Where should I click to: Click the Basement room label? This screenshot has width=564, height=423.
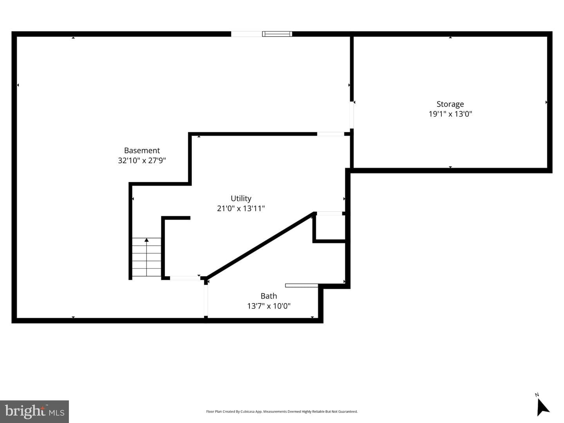pyautogui.click(x=142, y=150)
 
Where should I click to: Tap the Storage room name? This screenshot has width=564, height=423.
pyautogui.click(x=450, y=104)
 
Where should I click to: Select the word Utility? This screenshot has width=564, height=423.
pyautogui.click(x=241, y=198)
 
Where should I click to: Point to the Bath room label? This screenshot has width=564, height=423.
pyautogui.click(x=269, y=296)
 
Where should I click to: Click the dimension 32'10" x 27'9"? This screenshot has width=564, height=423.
pyautogui.click(x=142, y=160)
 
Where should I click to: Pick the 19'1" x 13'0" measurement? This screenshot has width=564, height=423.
pyautogui.click(x=450, y=114)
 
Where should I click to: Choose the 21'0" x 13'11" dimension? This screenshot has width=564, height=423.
pyautogui.click(x=241, y=209)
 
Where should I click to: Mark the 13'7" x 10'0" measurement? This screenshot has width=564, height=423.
pyautogui.click(x=269, y=306)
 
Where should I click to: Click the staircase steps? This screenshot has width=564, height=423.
pyautogui.click(x=146, y=257)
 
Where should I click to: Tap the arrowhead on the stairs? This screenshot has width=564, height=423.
pyautogui.click(x=146, y=240)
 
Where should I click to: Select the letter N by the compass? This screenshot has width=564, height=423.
pyautogui.click(x=537, y=395)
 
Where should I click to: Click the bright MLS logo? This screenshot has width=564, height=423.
pyautogui.click(x=34, y=411)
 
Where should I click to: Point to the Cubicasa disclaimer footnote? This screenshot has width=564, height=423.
pyautogui.click(x=282, y=411)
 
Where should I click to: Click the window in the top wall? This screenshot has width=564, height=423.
pyautogui.click(x=277, y=34)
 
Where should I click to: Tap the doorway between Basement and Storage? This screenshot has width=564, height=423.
pyautogui.click(x=351, y=115)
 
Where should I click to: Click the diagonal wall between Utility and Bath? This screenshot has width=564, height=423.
pyautogui.click(x=260, y=246)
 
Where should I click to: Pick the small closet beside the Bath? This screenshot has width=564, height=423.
pyautogui.click(x=330, y=227)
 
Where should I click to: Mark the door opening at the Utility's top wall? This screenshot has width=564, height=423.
pyautogui.click(x=331, y=134)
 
